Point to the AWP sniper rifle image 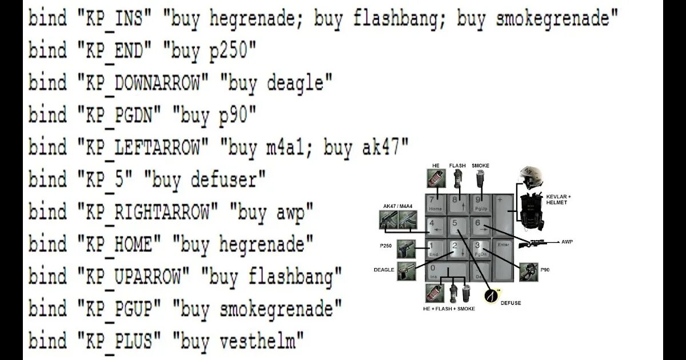coord(532,243)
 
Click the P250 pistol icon coord(406,247)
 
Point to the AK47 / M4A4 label coord(398,206)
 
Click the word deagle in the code coord(299,84)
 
